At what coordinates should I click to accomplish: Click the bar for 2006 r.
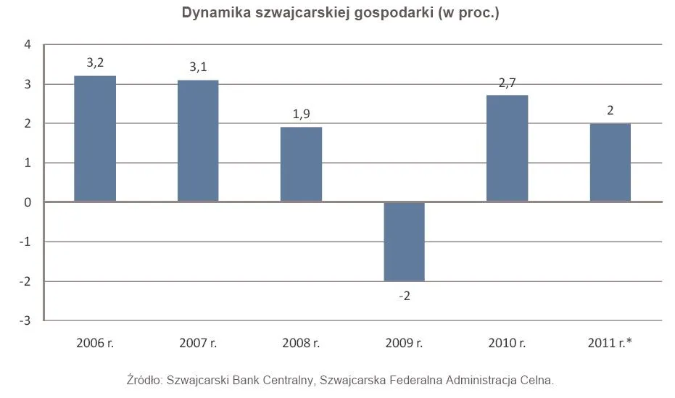tap(95, 138)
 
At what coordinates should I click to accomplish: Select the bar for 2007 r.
tap(198, 141)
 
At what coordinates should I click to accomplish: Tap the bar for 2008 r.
tap(301, 165)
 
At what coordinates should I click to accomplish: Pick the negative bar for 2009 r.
tap(404, 241)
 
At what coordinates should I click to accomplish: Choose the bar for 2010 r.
tap(507, 149)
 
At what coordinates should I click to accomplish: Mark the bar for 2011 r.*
tap(610, 162)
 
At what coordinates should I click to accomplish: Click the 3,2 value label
tap(95, 63)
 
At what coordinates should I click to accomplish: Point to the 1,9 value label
tap(301, 115)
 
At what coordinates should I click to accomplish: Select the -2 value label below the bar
tap(405, 296)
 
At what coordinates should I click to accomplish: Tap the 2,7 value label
tap(508, 83)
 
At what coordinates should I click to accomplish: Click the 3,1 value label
tap(198, 67)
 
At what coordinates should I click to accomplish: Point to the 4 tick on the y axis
tap(28, 45)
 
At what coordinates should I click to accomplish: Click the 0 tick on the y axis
tap(28, 202)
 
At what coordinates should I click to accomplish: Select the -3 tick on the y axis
tap(25, 320)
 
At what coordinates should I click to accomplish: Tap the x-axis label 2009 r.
tap(404, 343)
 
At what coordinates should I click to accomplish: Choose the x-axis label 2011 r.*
tap(610, 343)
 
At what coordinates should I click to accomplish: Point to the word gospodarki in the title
tap(396, 13)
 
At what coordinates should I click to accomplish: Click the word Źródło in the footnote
tap(144, 379)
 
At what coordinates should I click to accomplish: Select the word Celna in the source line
tap(537, 379)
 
